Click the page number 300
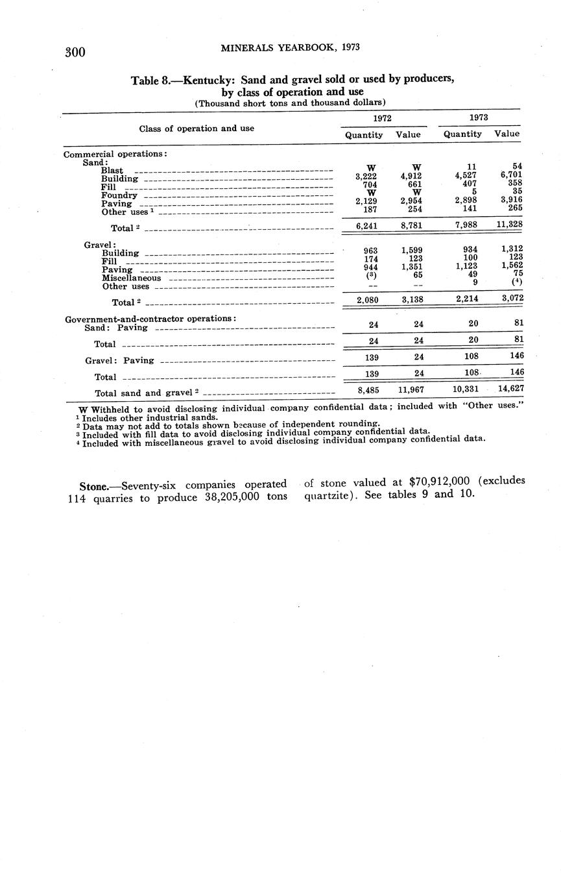[75, 53]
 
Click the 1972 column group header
[382, 118]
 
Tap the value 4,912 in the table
[411, 176]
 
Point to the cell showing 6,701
[510, 175]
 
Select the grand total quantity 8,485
[368, 390]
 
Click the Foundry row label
[119, 195]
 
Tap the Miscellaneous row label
[131, 278]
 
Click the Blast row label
[112, 170]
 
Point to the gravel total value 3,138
[410, 299]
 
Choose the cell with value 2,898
[466, 201]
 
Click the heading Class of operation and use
[197, 128]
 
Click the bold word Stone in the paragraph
[92, 485]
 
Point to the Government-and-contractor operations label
[150, 318]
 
